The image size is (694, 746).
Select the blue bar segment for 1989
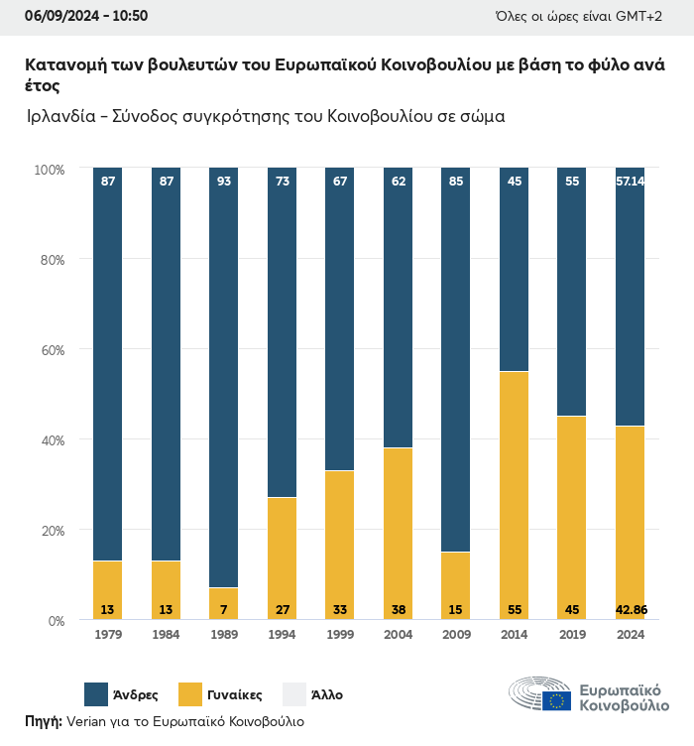pyautogui.click(x=223, y=377)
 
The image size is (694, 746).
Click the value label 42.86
pyautogui.click(x=630, y=609)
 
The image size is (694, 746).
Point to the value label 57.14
pyautogui.click(x=630, y=182)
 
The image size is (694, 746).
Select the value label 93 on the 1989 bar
pyautogui.click(x=223, y=182)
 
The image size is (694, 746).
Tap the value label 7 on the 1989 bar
pyautogui.click(x=223, y=609)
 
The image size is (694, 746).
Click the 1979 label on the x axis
pyautogui.click(x=107, y=635)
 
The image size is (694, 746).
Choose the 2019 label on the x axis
pyautogui.click(x=572, y=635)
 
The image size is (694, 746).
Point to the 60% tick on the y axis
pyautogui.click(x=50, y=350)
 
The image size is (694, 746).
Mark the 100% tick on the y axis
pyautogui.click(x=48, y=170)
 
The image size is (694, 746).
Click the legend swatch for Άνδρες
pyautogui.click(x=96, y=694)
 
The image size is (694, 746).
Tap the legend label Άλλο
pyautogui.click(x=327, y=694)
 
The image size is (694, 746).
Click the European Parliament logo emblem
pyautogui.click(x=540, y=694)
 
